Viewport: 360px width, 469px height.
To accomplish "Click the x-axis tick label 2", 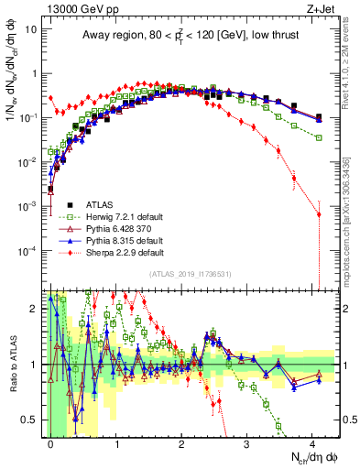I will [x=181, y=442].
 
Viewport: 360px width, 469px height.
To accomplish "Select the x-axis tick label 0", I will [x=50, y=442].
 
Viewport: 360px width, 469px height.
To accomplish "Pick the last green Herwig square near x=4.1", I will [x=318, y=136].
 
